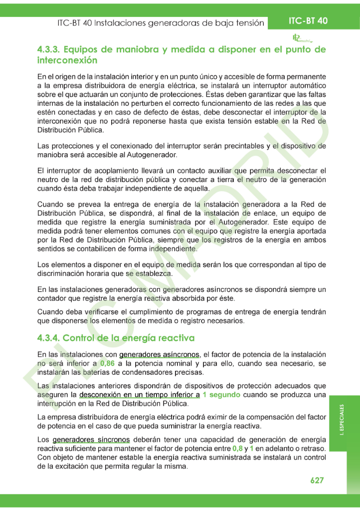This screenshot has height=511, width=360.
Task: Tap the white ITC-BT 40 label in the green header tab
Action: (x=308, y=21)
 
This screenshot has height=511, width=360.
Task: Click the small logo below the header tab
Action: (x=302, y=38)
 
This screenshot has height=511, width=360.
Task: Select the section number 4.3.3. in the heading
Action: (x=49, y=49)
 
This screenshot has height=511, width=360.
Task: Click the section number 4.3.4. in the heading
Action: (x=49, y=338)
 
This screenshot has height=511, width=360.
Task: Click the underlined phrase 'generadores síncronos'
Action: (x=91, y=440)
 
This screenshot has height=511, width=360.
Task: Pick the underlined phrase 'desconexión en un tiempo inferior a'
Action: (x=140, y=395)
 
